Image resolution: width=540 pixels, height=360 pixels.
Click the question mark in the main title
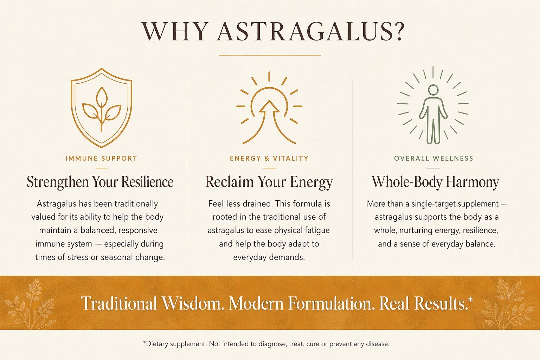tap(395, 31)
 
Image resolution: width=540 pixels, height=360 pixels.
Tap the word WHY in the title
tap(175, 31)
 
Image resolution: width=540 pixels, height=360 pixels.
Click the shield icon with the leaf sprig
tap(102, 108)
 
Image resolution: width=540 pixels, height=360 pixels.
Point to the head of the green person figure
tap(433, 89)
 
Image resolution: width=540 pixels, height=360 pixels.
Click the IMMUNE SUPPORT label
tap(101, 159)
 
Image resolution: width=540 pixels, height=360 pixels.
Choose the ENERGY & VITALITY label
tap(269, 159)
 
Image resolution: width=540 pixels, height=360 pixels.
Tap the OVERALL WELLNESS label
tap(433, 159)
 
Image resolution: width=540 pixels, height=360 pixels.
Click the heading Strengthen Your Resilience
tap(100, 182)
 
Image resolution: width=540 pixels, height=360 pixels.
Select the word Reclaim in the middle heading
tap(230, 182)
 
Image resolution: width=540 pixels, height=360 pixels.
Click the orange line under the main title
tap(270, 55)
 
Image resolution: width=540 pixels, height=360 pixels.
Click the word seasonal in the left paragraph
tap(117, 257)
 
